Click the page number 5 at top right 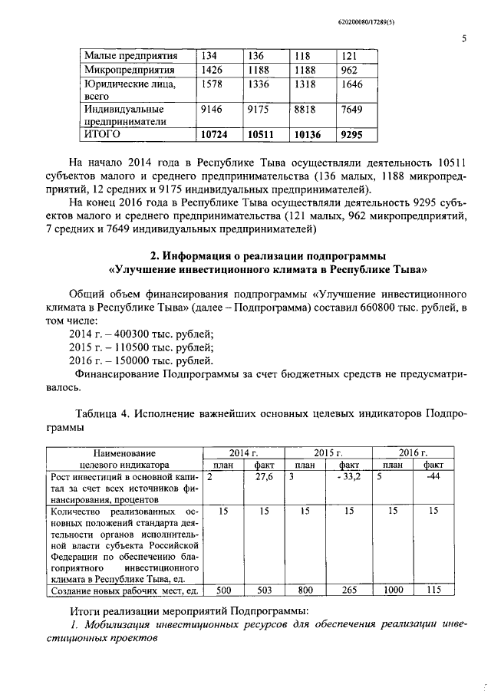[x=464, y=38]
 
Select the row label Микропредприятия [x=129, y=70]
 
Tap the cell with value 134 [x=210, y=56]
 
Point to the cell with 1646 [x=351, y=84]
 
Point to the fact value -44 [x=433, y=477]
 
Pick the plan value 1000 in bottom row [x=393, y=590]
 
